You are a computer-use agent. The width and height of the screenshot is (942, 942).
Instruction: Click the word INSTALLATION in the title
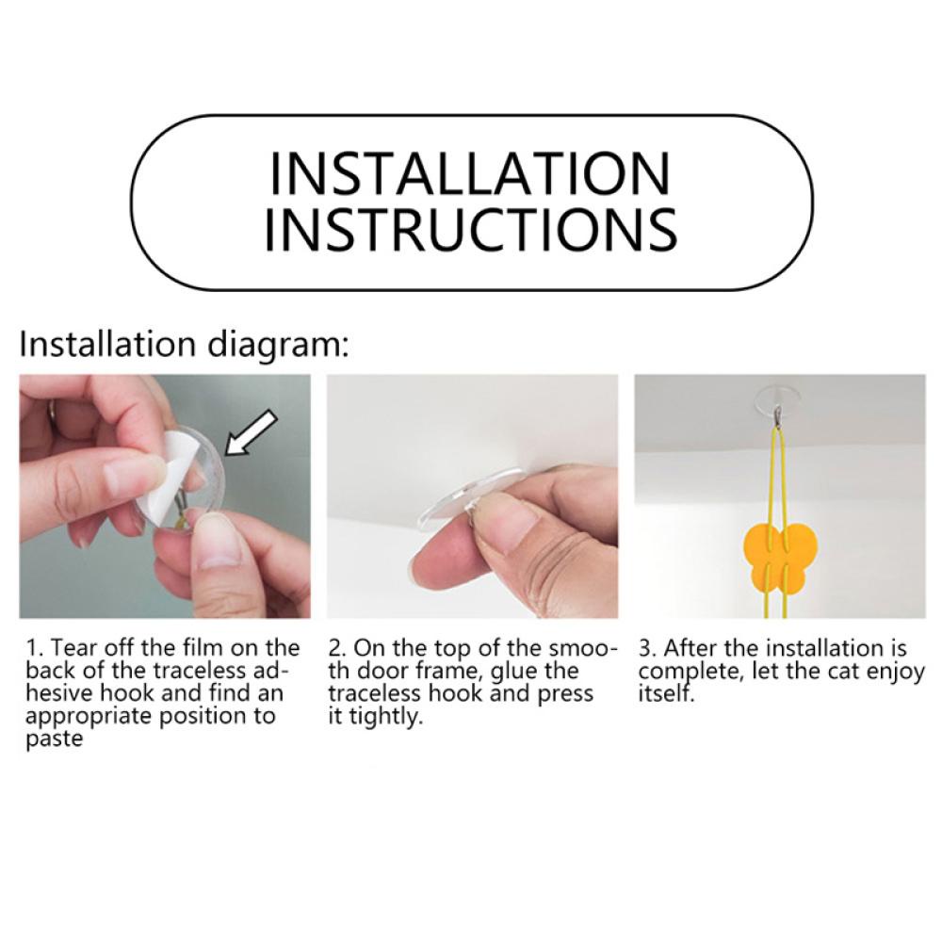click(x=470, y=173)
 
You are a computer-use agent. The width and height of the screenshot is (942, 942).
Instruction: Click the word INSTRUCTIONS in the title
click(x=471, y=230)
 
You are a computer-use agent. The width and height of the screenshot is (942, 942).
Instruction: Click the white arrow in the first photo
click(x=251, y=433)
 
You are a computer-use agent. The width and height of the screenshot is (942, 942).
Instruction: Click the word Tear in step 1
click(x=74, y=648)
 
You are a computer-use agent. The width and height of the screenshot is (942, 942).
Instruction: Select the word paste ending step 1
click(x=54, y=739)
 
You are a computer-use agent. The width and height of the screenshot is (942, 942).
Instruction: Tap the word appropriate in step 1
click(x=85, y=717)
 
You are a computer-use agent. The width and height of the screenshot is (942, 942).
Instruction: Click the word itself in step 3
click(x=666, y=694)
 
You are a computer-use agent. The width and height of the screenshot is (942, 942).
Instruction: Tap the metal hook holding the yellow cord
click(x=779, y=415)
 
